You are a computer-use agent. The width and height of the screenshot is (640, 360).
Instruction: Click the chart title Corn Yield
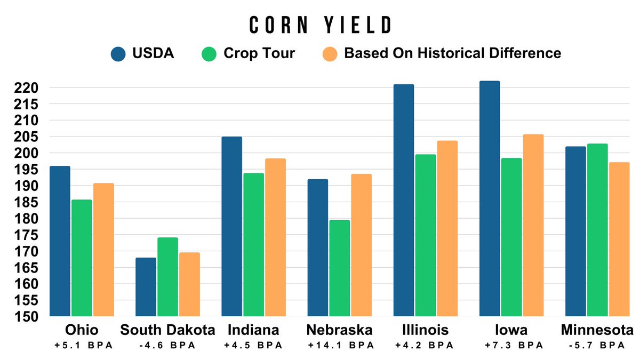pos(321,25)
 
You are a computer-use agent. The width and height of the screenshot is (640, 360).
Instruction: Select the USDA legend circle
pos(118,54)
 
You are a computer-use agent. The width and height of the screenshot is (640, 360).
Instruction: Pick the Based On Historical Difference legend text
pos(452,54)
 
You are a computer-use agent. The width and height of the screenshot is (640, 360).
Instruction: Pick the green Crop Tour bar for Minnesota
pos(597,230)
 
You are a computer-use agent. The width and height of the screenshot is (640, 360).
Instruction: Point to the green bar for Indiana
pos(253,245)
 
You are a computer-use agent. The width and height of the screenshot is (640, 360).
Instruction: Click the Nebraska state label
pos(339,330)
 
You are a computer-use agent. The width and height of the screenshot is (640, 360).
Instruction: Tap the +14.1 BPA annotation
pos(339,346)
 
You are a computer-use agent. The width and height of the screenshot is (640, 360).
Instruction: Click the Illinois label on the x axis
pos(425,330)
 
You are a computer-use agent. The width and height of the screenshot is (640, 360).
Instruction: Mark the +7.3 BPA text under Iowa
pos(510,346)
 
